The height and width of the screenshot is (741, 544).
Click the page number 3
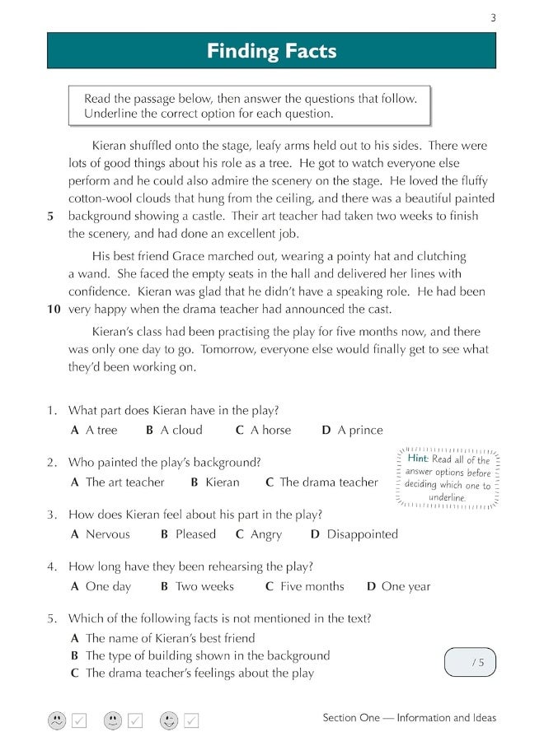pyautogui.click(x=493, y=18)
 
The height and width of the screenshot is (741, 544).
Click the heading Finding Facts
pyautogui.click(x=271, y=51)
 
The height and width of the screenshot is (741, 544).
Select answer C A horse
pyautogui.click(x=263, y=430)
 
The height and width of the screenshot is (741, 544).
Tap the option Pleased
pyautogui.click(x=189, y=534)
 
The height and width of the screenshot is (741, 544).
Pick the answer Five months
pyautogui.click(x=305, y=586)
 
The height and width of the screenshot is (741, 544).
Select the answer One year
pyautogui.click(x=399, y=586)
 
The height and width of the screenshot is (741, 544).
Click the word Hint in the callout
pyautogui.click(x=419, y=459)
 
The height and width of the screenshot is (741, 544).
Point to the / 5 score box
pyautogui.click(x=471, y=662)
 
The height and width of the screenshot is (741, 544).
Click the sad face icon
pyautogui.click(x=56, y=720)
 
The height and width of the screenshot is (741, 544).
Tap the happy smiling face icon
pyautogui.click(x=169, y=720)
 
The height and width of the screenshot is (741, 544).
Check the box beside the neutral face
pyautogui.click(x=135, y=720)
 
